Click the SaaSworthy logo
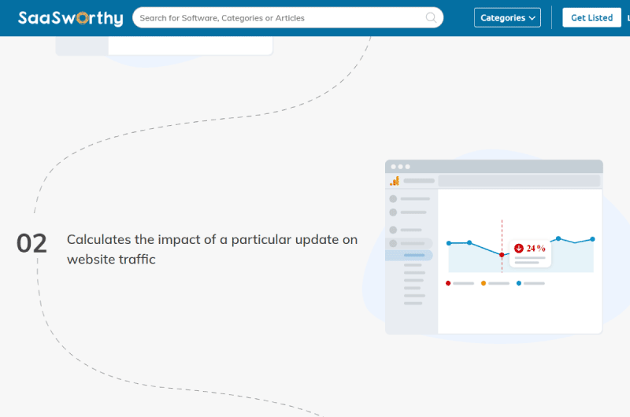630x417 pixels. tap(70, 18)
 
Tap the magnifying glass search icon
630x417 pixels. tap(431, 17)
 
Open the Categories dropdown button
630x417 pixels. tap(507, 17)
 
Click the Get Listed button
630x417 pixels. tap(591, 17)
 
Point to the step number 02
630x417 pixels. tap(31, 244)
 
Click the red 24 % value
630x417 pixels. tap(536, 249)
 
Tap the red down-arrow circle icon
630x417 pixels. tap(519, 249)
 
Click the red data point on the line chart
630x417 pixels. tap(502, 255)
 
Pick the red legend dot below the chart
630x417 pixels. tap(448, 283)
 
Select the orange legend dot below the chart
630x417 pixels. tap(484, 283)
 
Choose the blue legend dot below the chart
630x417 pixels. tap(519, 283)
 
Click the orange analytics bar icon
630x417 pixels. tap(395, 181)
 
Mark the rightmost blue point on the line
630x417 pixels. tap(593, 239)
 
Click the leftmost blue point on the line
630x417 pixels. tap(449, 243)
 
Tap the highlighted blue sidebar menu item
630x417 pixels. tap(409, 255)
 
